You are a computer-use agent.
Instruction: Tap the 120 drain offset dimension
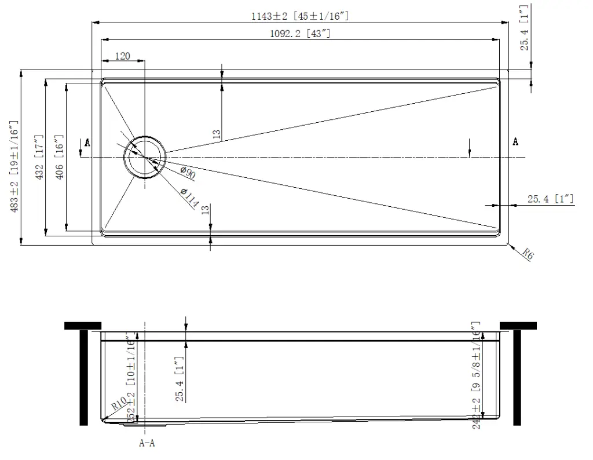[123, 56]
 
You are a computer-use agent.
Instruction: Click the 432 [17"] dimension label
[40, 158]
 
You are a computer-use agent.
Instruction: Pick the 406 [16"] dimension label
[59, 158]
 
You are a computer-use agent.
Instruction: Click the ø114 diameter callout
[189, 199]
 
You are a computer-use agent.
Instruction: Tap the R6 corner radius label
[527, 253]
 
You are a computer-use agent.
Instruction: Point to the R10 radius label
[119, 403]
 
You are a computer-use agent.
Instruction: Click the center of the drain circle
[145, 157]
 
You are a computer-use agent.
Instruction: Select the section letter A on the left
[87, 142]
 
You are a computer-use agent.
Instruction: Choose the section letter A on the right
[515, 141]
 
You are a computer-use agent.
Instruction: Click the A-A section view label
[147, 444]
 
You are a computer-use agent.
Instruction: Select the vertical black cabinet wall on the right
[517, 377]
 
